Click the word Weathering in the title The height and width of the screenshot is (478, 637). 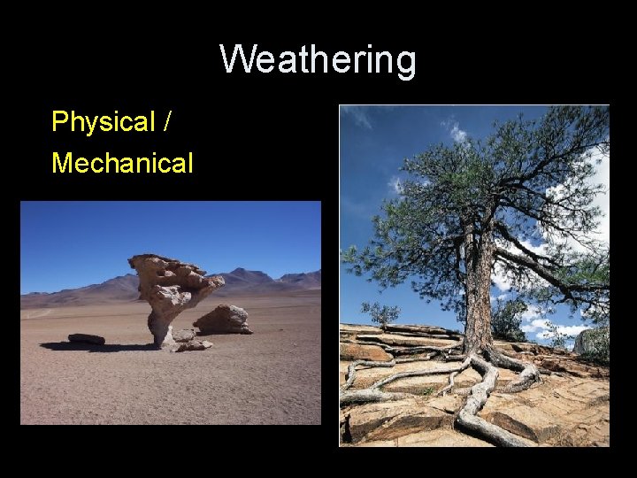click(318, 60)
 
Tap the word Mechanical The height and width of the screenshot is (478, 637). click(122, 163)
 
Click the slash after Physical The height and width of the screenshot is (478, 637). click(168, 121)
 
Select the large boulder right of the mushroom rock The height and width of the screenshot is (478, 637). click(222, 320)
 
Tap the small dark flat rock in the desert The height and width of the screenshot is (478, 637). click(86, 339)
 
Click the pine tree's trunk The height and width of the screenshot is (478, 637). click(479, 292)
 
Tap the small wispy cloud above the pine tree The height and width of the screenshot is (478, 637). click(457, 133)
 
